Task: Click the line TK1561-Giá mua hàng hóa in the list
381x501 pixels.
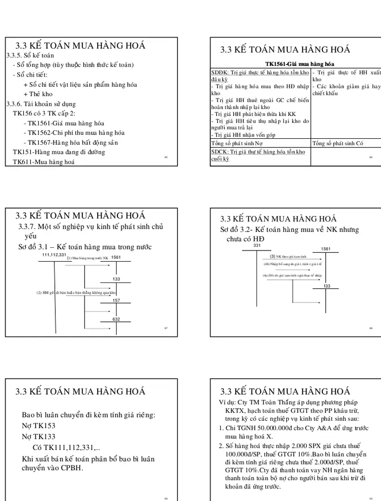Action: tap(64, 123)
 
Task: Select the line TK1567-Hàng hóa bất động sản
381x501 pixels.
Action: tap(70, 142)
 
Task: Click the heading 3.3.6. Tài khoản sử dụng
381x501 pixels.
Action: tap(41, 104)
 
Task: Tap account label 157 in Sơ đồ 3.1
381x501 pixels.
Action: tap(117, 301)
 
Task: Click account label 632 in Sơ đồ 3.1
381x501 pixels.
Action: tap(117, 320)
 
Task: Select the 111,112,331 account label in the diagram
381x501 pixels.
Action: tap(54, 255)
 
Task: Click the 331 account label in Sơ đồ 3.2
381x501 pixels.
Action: tap(257, 245)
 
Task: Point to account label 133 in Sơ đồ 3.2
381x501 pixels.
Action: tap(327, 286)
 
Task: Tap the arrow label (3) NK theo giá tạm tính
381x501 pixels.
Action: tap(289, 256)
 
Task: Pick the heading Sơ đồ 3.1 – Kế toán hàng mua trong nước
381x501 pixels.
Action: tap(85, 247)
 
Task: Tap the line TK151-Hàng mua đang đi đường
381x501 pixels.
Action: tap(59, 152)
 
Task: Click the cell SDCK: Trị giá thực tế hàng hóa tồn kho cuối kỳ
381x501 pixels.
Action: tap(258, 155)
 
